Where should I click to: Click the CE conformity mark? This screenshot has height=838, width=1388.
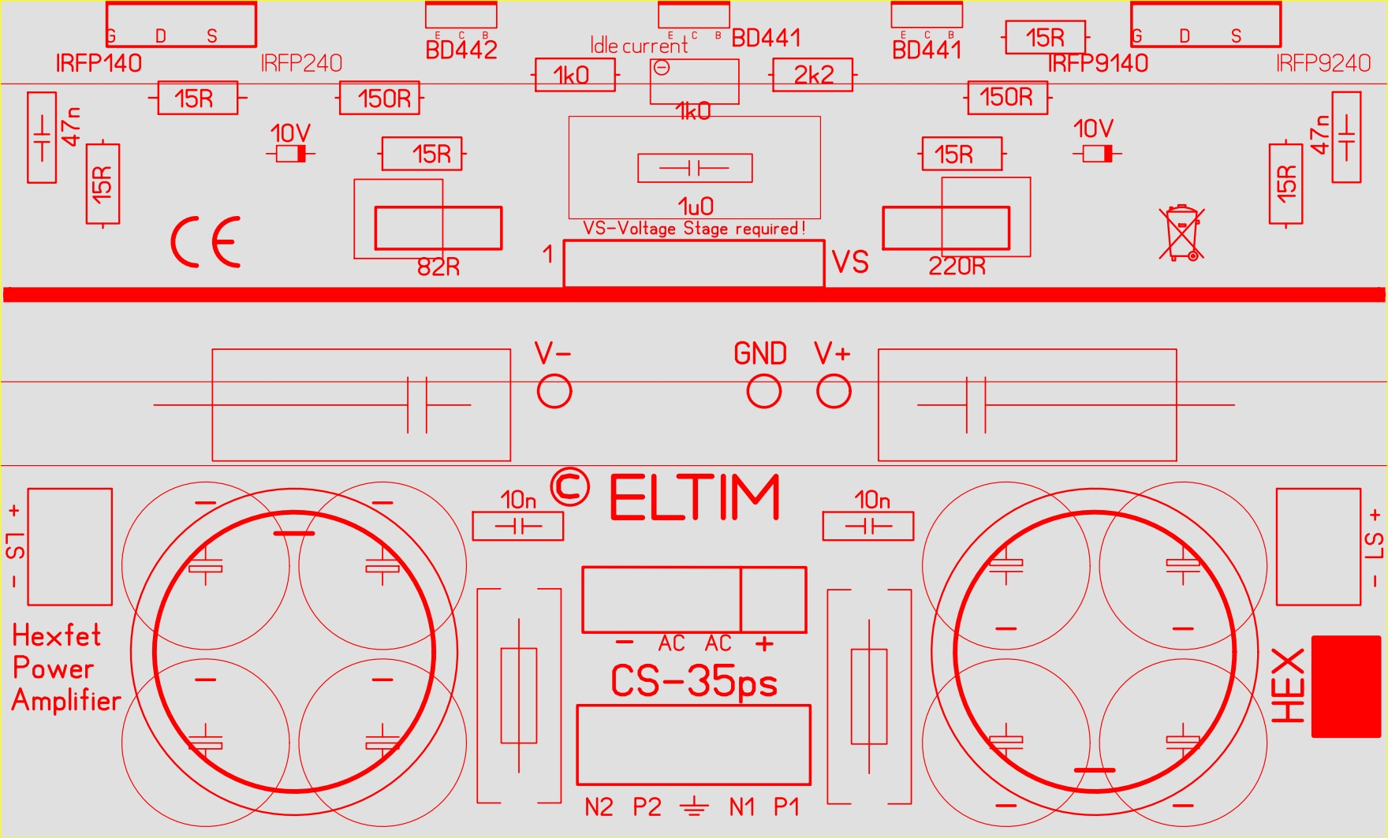(x=206, y=242)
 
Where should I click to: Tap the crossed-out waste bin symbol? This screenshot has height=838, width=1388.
(x=1181, y=233)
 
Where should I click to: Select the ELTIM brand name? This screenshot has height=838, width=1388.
(x=695, y=498)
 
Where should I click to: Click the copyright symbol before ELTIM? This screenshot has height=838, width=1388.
(x=569, y=487)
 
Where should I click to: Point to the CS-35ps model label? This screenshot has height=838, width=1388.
(x=694, y=682)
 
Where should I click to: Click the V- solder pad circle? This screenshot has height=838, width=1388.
(x=554, y=391)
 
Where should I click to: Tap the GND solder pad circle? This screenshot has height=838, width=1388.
(x=763, y=391)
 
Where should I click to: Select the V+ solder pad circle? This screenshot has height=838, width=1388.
(x=834, y=391)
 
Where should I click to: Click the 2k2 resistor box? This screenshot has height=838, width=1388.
(x=813, y=75)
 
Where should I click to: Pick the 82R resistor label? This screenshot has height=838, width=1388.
(x=438, y=267)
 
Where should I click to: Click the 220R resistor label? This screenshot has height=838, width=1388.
(x=957, y=266)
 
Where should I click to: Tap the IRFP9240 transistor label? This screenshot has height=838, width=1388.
(x=1323, y=63)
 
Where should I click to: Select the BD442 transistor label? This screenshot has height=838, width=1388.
(x=461, y=50)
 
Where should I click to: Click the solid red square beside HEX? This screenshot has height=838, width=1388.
(x=1346, y=687)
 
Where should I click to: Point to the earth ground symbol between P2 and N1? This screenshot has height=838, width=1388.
(x=694, y=806)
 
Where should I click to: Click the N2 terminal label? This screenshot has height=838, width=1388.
(x=599, y=807)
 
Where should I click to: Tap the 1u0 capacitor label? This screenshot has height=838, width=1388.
(x=696, y=207)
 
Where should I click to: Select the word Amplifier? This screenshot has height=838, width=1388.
(x=66, y=700)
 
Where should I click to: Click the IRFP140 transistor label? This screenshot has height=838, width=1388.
(x=99, y=63)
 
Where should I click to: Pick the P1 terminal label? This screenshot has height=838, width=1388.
(x=786, y=807)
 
